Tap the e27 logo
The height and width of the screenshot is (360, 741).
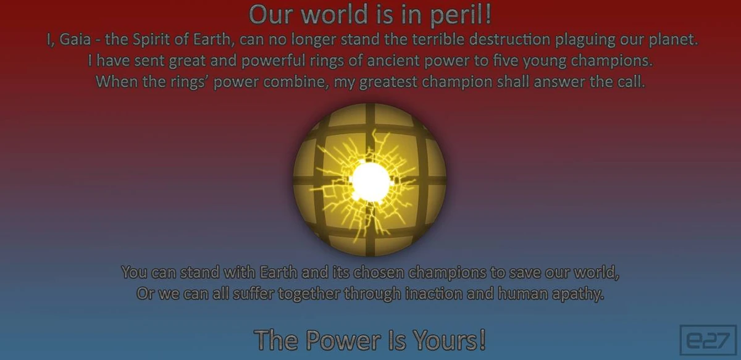[x=707, y=340]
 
